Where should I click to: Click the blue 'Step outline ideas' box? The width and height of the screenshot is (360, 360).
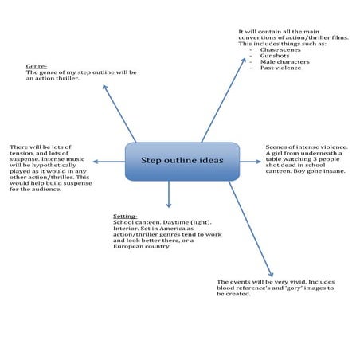pos(182,161)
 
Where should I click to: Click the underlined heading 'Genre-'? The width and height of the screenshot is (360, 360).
pos(36,65)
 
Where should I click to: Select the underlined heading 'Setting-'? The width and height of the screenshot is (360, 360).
pos(125,215)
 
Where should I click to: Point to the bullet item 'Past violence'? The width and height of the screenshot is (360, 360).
pos(278,68)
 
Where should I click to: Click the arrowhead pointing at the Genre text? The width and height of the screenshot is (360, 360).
pos(104,86)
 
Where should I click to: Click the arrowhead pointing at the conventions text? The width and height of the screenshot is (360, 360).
pos(245,61)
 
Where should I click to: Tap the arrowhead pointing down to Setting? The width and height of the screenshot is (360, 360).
pos(169,205)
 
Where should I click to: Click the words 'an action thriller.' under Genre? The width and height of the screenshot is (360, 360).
pos(53,79)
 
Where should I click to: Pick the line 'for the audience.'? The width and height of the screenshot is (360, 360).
pos(34,189)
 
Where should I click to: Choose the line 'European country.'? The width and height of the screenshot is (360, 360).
pos(142,247)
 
